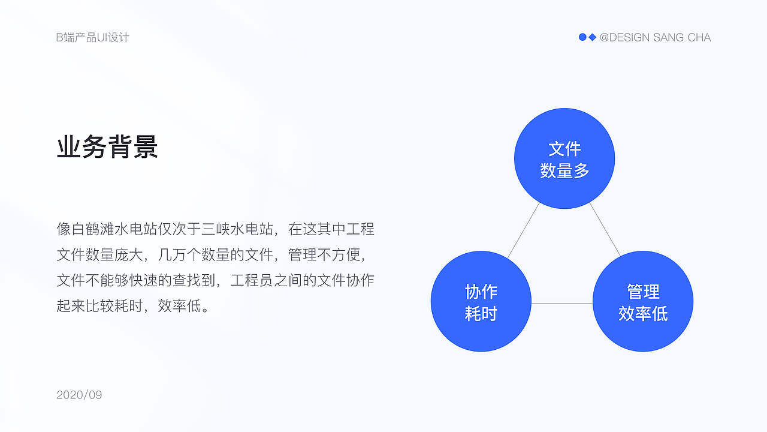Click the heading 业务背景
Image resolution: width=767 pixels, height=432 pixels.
pos(107,147)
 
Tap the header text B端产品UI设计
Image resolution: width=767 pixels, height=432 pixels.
pos(93,37)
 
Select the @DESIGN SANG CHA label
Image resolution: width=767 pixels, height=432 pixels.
pos(655,37)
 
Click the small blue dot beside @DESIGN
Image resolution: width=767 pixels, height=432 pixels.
pos(582,37)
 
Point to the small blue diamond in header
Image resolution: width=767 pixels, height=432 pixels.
pos(593,37)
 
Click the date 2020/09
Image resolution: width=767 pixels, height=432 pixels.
pos(79,395)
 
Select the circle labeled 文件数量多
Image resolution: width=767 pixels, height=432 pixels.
pos(564,158)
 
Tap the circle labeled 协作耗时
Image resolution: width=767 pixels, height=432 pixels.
pos(481,301)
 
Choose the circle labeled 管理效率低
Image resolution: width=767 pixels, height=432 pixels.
pos(643,301)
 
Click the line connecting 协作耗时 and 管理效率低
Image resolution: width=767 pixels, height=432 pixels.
pos(562,304)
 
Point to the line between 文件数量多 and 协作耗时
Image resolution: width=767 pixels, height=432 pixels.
pos(523,231)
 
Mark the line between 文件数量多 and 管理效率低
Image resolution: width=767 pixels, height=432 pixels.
pos(605,230)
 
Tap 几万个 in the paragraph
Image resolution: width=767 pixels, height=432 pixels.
pos(181,254)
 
